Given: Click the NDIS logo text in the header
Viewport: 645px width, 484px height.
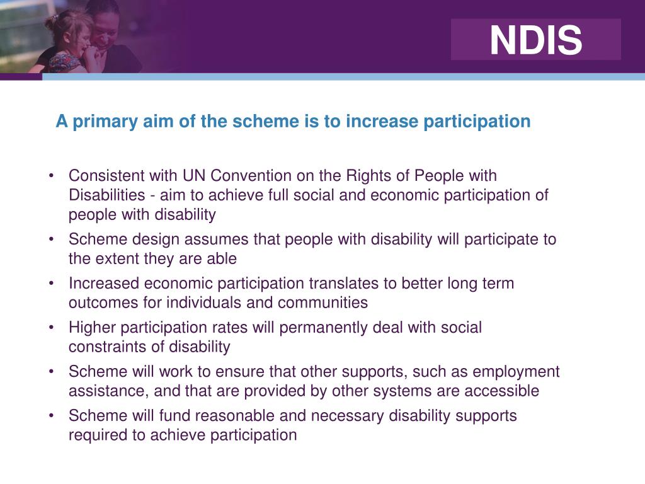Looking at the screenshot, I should coord(536,40).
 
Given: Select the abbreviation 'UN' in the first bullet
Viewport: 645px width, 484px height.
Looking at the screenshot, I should coord(195,176).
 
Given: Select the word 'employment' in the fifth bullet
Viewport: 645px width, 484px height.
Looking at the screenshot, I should coord(517,372).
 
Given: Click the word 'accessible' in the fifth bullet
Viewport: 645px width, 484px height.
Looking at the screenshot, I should coord(501,391).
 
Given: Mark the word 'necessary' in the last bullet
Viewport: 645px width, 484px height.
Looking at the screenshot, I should coord(346,416).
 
